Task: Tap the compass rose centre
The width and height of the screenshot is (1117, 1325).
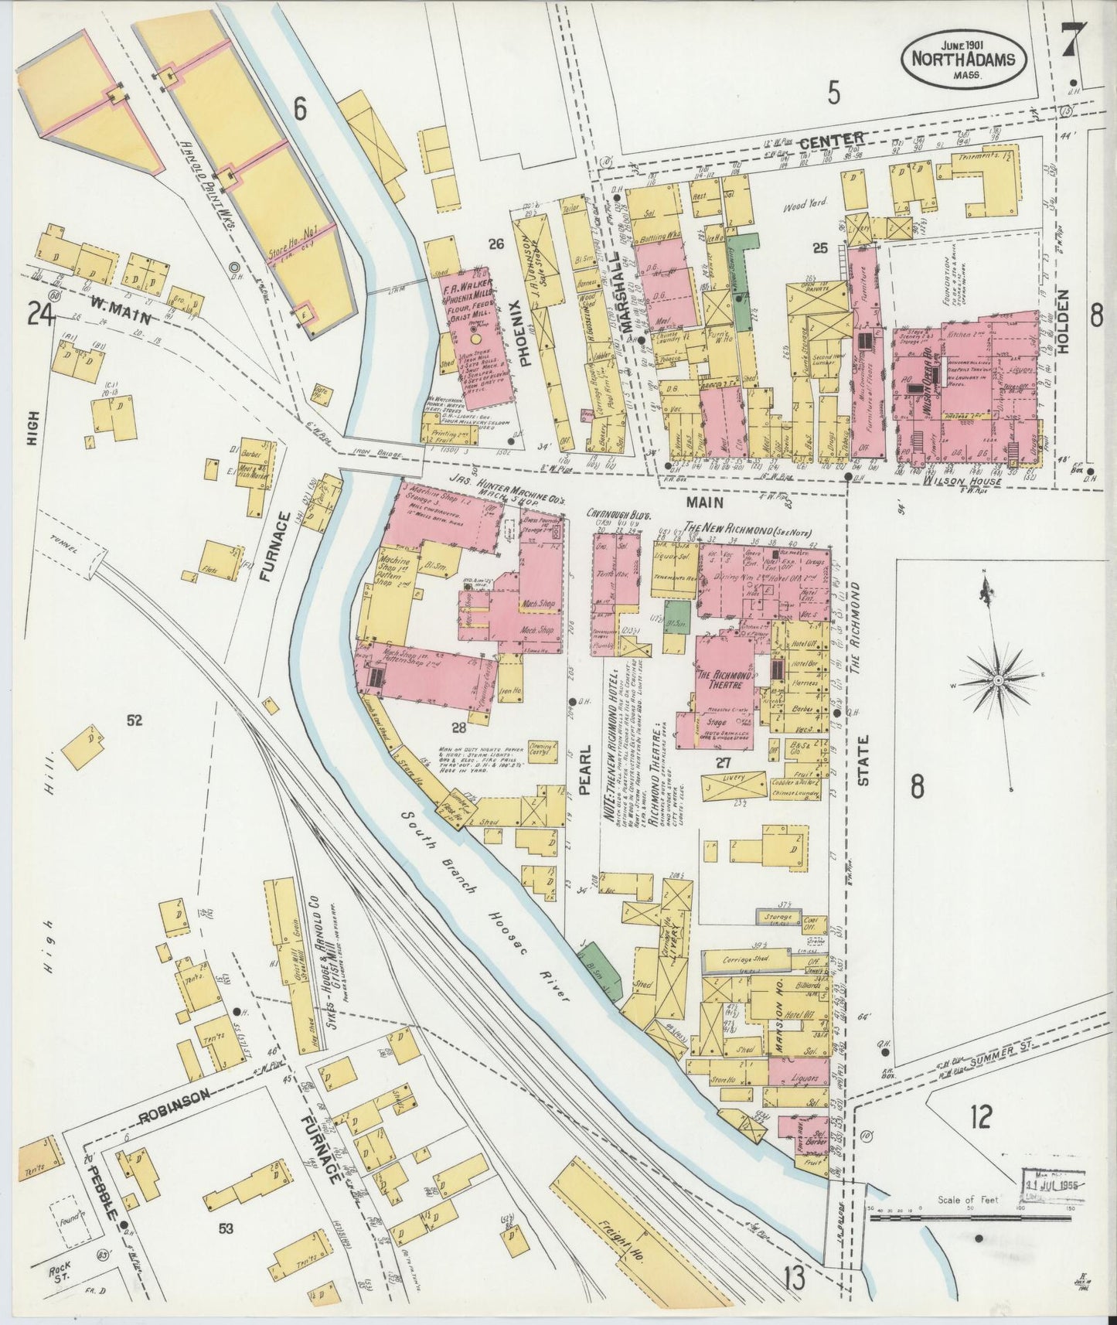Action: pos(997,679)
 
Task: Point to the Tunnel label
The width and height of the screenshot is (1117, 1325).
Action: pos(65,551)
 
